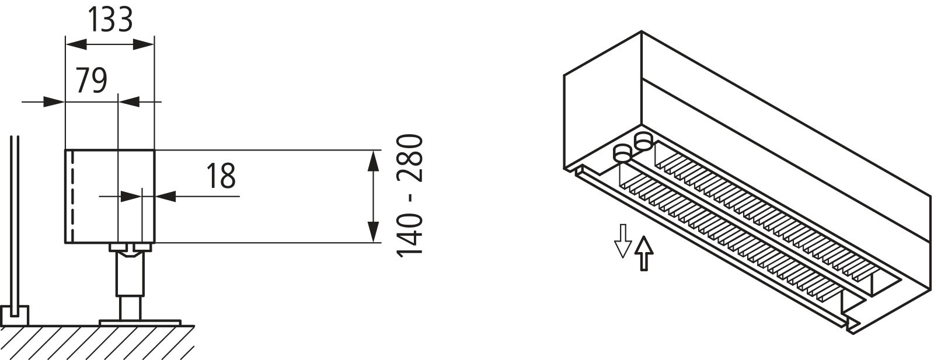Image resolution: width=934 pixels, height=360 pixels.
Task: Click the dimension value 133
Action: pos(110,20)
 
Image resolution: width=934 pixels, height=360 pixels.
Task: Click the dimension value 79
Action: pos(91,81)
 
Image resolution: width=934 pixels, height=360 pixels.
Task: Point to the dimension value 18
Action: pos(221,176)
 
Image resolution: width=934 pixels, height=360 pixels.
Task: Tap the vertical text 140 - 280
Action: pos(410,196)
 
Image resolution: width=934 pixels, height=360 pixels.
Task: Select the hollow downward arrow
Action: pos(623,241)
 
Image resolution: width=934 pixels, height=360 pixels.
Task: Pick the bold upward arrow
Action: pos(644,253)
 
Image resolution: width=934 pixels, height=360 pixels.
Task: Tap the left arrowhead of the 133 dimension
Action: pos(76,44)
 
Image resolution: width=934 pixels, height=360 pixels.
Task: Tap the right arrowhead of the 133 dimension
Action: pos(144,44)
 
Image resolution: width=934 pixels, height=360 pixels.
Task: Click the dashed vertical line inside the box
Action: pos(73,196)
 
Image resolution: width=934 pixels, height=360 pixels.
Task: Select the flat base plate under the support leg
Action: pos(140,323)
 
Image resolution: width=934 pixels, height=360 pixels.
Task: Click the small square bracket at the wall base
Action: pos(15,316)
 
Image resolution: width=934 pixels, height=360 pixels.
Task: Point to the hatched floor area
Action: pos(97,342)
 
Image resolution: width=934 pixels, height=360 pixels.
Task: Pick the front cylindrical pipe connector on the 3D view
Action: pos(622,154)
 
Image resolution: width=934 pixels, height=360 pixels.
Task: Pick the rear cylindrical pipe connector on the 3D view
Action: pos(643,141)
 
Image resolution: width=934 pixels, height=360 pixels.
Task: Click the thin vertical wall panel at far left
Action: pos(15,221)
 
